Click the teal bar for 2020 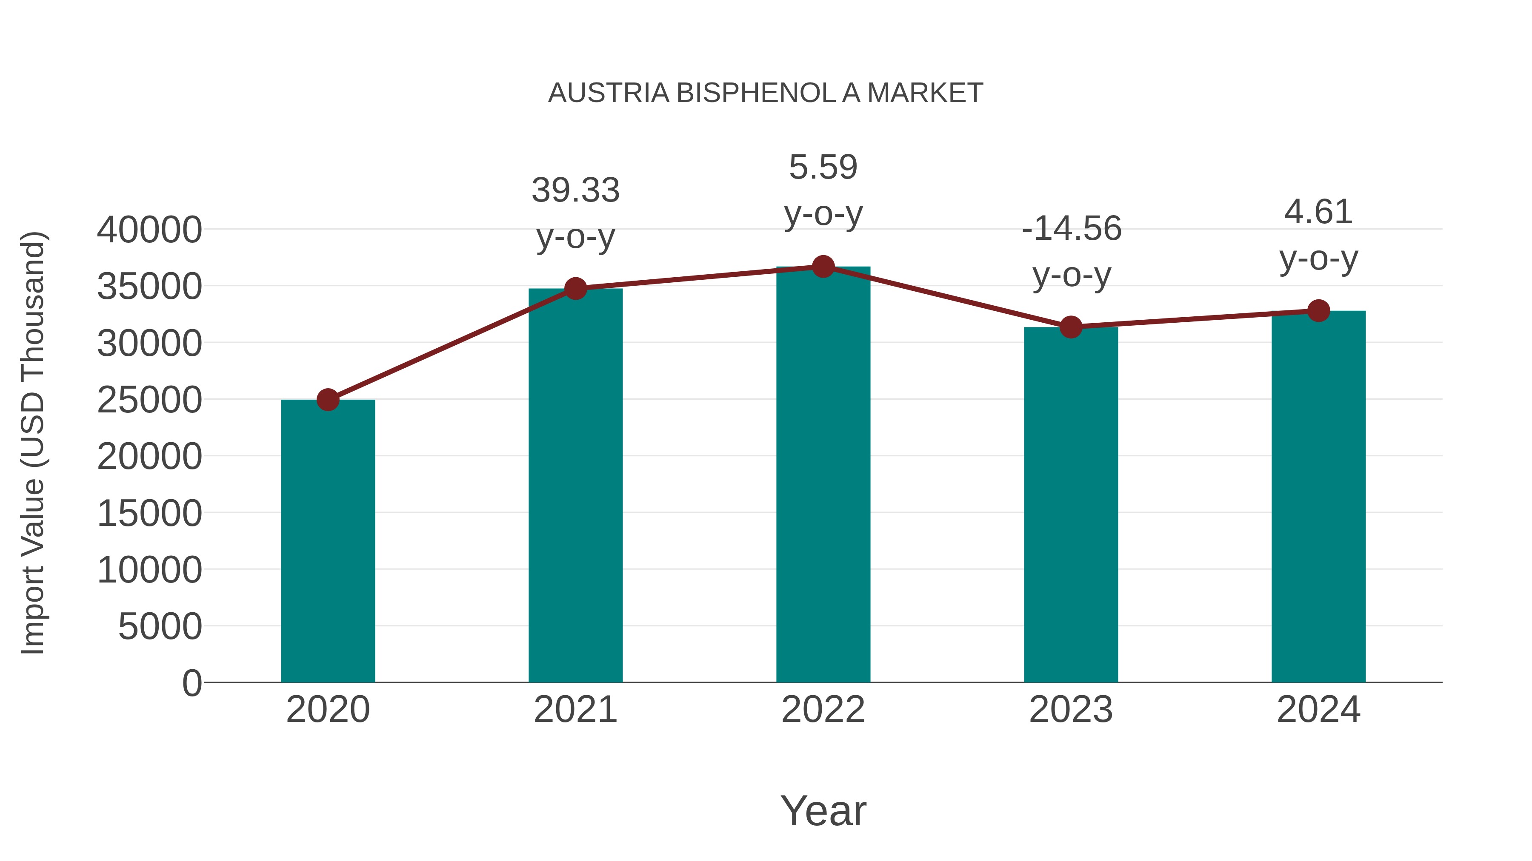click(x=328, y=541)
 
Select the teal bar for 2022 click(x=823, y=475)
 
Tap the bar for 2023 click(x=1071, y=505)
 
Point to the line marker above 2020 click(x=328, y=400)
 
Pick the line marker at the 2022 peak click(x=823, y=267)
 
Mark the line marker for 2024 click(x=1318, y=311)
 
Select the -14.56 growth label click(x=1072, y=229)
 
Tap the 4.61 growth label click(x=1318, y=212)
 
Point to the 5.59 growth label click(x=823, y=168)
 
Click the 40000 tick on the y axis click(x=149, y=230)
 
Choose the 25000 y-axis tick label click(x=149, y=400)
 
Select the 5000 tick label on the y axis click(x=160, y=626)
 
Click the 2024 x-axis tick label click(x=1318, y=710)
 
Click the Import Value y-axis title click(x=33, y=443)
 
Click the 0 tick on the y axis click(x=192, y=683)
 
